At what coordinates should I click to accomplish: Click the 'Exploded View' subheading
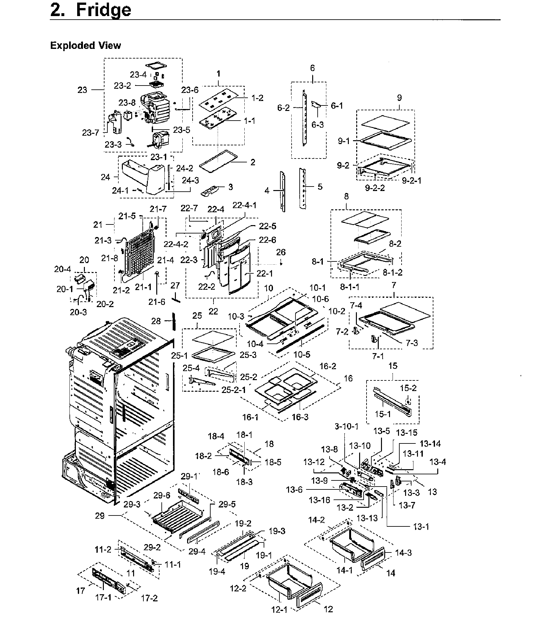click(85, 46)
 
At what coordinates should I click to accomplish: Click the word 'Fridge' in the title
click(104, 10)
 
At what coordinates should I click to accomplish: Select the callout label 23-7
click(90, 132)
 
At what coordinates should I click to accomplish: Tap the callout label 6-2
click(284, 108)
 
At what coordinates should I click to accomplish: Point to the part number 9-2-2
click(375, 188)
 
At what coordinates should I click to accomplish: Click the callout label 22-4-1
click(245, 205)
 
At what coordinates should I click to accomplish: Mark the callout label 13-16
click(319, 500)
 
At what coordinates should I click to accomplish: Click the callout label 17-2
click(150, 598)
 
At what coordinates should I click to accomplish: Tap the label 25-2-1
click(234, 390)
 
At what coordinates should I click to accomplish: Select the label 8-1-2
click(392, 272)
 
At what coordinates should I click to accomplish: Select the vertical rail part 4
click(283, 191)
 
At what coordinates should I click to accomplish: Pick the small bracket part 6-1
click(316, 105)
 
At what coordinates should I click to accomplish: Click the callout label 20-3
click(78, 312)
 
